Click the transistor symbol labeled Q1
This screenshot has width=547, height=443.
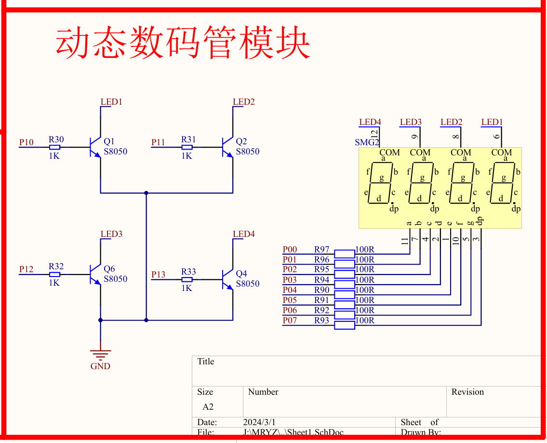pyautogui.click(x=95, y=147)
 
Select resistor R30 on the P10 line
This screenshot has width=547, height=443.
pyautogui.click(x=55, y=147)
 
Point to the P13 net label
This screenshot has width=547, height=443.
pyautogui.click(x=158, y=275)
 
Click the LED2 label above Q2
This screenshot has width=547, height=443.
pyautogui.click(x=243, y=102)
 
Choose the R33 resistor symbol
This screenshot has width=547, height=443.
pyautogui.click(x=187, y=279)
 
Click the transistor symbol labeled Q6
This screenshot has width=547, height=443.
pyautogui.click(x=95, y=274)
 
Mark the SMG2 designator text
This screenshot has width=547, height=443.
pyautogui.click(x=367, y=142)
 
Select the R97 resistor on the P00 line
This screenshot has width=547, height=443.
pyautogui.click(x=345, y=253)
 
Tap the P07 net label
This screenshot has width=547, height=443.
pyautogui.click(x=290, y=320)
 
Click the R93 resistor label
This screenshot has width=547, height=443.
pyautogui.click(x=321, y=320)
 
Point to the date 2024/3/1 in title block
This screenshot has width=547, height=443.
pyautogui.click(x=259, y=422)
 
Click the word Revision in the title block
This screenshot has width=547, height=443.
pyautogui.click(x=467, y=392)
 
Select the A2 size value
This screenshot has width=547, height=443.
pyautogui.click(x=208, y=407)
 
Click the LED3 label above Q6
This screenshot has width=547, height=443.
pyautogui.click(x=111, y=234)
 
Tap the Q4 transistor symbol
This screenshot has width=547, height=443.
pyautogui.click(x=227, y=279)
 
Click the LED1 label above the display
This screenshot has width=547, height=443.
pyautogui.click(x=492, y=122)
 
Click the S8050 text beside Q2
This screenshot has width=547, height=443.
pyautogui.click(x=247, y=152)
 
